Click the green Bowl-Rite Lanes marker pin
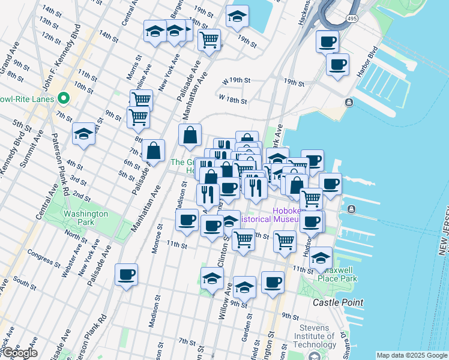coord(62,98)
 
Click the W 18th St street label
coord(233,99)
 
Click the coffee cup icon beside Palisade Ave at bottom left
coord(126,275)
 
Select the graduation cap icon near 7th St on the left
coord(83,134)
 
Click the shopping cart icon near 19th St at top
coord(209,40)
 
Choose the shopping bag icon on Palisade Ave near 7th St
coord(154,151)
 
